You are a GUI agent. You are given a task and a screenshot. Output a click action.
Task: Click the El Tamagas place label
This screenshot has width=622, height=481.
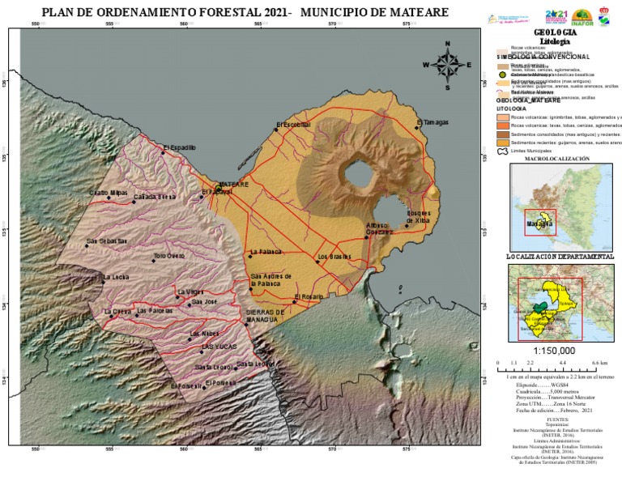click(433, 123)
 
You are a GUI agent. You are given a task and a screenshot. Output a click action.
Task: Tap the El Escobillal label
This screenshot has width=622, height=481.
click(294, 126)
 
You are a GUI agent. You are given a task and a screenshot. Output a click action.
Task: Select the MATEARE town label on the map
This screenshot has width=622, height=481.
click(234, 185)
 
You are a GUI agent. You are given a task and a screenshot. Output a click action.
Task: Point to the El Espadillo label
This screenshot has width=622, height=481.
click(180, 147)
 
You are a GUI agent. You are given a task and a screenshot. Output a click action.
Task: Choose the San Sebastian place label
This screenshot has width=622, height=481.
click(107, 240)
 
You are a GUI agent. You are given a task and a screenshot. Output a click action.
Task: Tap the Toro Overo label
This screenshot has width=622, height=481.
click(169, 256)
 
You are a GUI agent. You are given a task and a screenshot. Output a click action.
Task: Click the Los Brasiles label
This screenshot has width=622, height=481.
click(334, 257)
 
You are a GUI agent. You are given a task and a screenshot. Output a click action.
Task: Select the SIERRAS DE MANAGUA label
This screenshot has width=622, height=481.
click(265, 316)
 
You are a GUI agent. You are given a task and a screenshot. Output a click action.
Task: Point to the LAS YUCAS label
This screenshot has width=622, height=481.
click(218, 347)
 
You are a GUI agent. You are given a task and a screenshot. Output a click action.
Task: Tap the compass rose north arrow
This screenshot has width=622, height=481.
click(446, 50)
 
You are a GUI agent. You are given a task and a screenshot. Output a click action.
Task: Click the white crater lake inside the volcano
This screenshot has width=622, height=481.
click(356, 172)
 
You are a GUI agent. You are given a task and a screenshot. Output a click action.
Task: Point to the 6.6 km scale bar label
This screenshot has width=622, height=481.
click(599, 364)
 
